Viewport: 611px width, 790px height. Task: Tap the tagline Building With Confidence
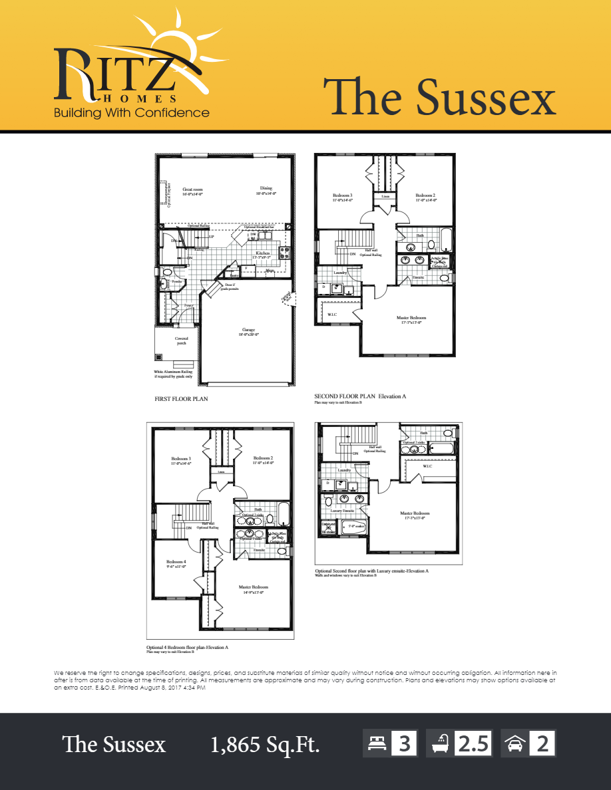point(132,112)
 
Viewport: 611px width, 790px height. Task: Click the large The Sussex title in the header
point(439,97)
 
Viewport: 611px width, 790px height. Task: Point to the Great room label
point(192,192)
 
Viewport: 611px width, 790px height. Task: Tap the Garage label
point(248,332)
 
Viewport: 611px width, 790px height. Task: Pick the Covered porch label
point(181,340)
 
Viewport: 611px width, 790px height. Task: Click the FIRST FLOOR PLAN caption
point(181,399)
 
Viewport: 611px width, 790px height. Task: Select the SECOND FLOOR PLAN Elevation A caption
point(359,396)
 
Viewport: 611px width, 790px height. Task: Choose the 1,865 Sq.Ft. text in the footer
point(265,745)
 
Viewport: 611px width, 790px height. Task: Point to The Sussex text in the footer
point(114,745)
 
